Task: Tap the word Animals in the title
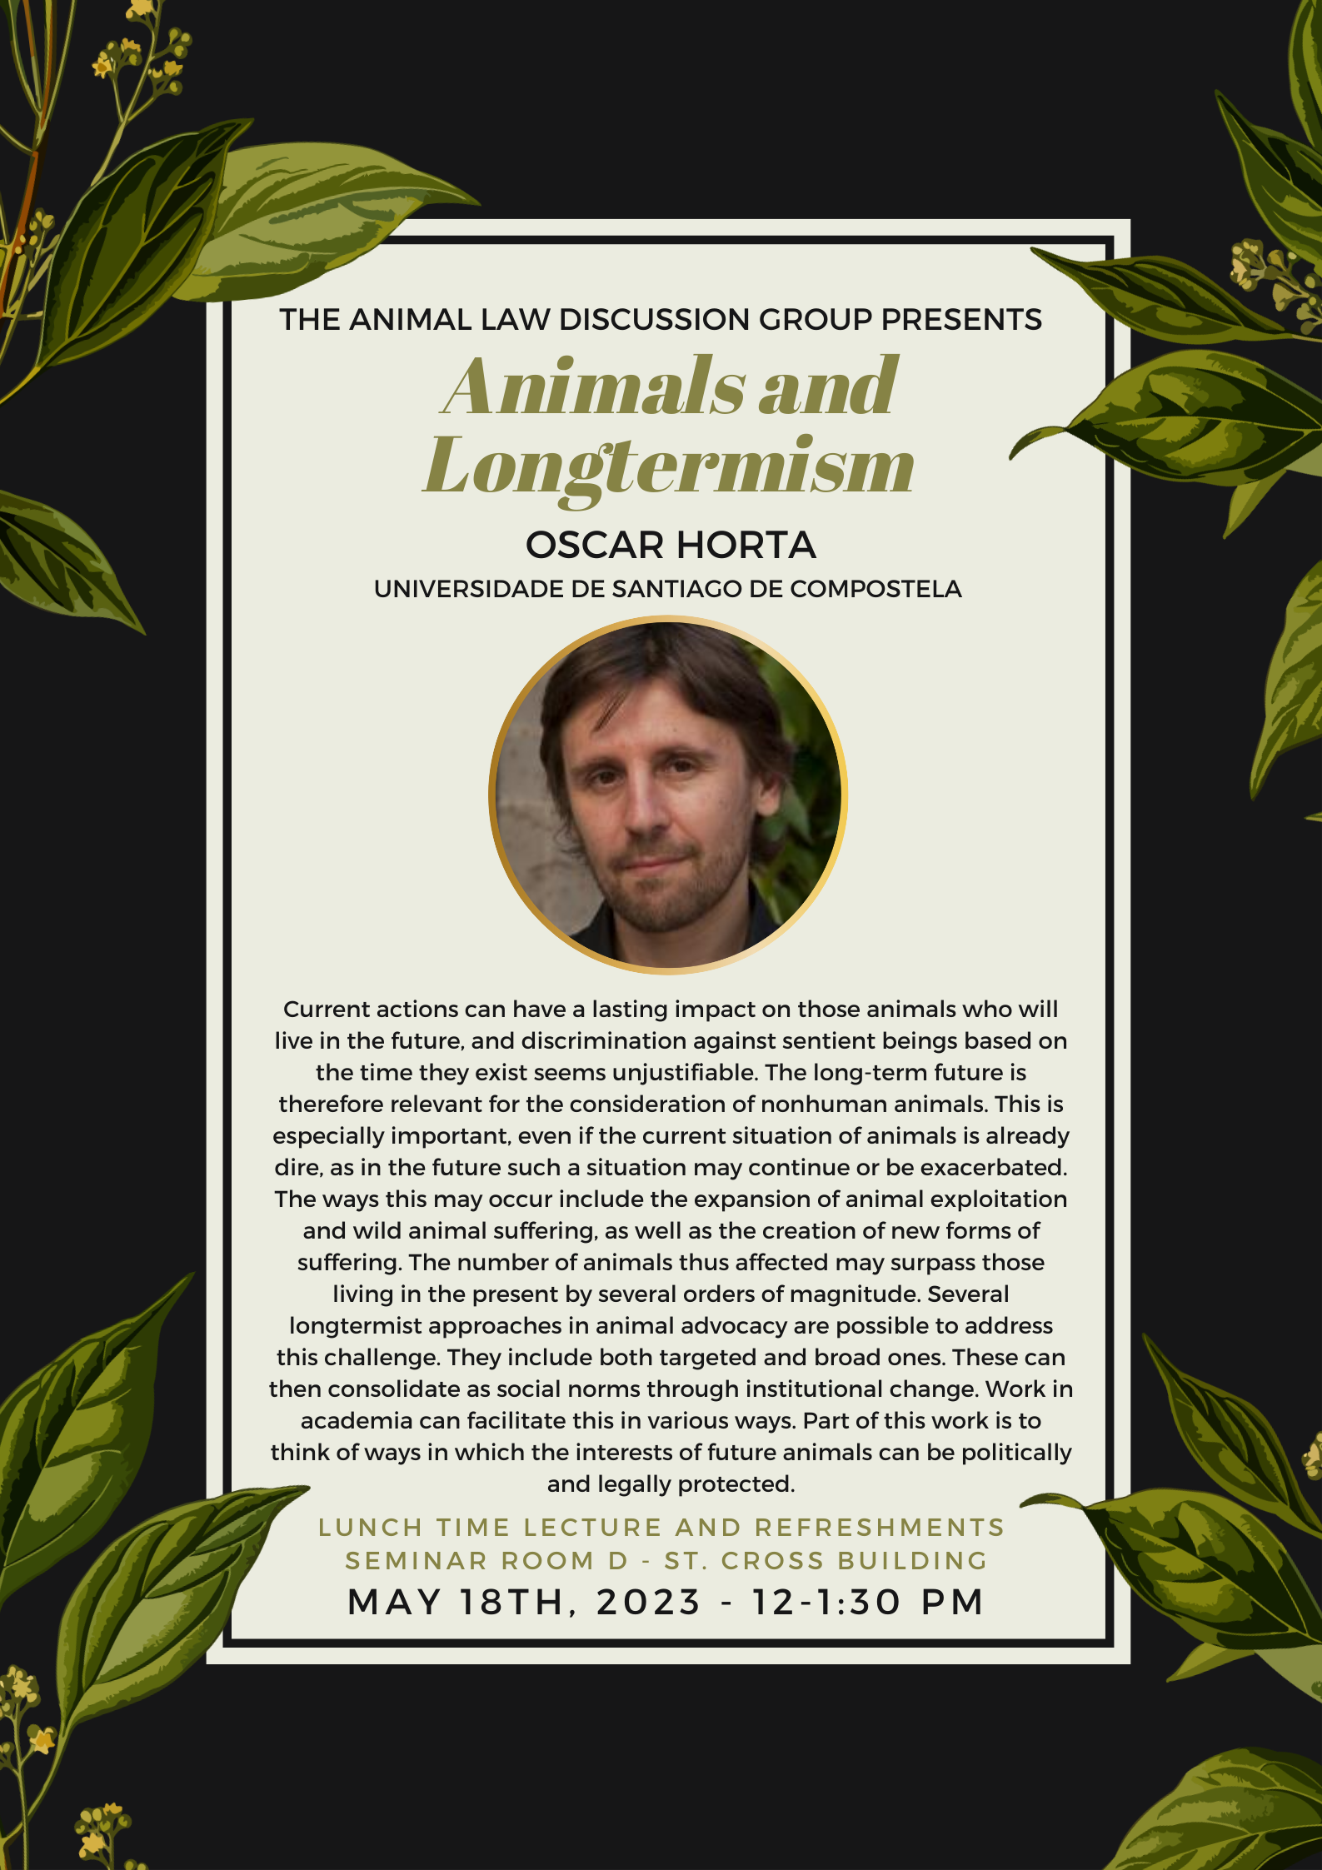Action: [x=593, y=386]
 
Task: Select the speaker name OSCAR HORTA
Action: [x=671, y=546]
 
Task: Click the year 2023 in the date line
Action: [x=649, y=1602]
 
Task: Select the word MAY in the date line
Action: [x=394, y=1602]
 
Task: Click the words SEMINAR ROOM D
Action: [x=486, y=1560]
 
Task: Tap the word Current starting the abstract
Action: [x=327, y=1010]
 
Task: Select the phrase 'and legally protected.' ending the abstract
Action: [x=671, y=1484]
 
